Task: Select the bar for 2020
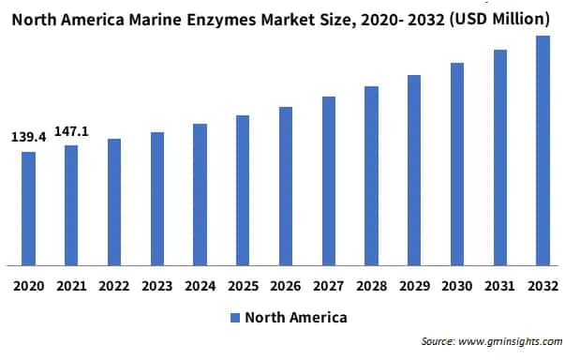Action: point(28,208)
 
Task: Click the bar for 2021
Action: point(71,204)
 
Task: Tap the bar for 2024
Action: point(200,194)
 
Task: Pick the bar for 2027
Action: point(329,180)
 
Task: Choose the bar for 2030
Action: point(457,163)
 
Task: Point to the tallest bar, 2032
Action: point(543,150)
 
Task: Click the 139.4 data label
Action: point(28,138)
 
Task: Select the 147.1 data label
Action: point(72,131)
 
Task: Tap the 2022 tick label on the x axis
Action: point(114,284)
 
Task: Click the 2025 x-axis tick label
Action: point(243,284)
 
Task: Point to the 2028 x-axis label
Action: point(371,284)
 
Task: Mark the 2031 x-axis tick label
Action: point(499,284)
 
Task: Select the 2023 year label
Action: point(157,284)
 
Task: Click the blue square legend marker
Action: point(234,318)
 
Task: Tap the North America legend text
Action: point(295,318)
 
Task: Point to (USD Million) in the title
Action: point(497,18)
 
